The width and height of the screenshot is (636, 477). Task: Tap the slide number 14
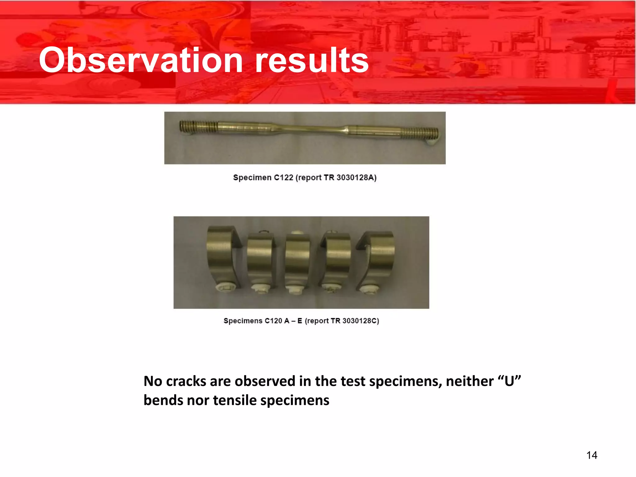(592, 455)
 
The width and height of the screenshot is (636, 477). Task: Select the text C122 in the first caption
(284, 178)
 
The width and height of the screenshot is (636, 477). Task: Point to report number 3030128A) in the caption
(357, 178)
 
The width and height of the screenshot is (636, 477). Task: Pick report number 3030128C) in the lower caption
(361, 321)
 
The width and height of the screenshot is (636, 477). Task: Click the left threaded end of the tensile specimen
(199, 126)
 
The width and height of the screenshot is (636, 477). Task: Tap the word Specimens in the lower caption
(243, 321)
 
